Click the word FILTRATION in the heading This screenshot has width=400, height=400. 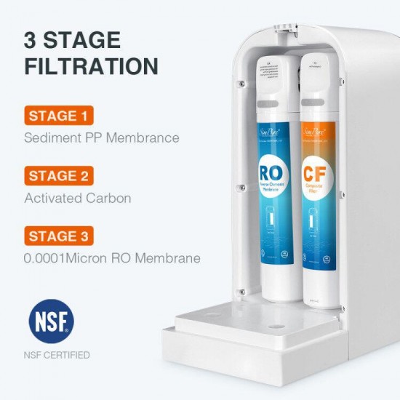91,67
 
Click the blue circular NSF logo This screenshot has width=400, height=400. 51,322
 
